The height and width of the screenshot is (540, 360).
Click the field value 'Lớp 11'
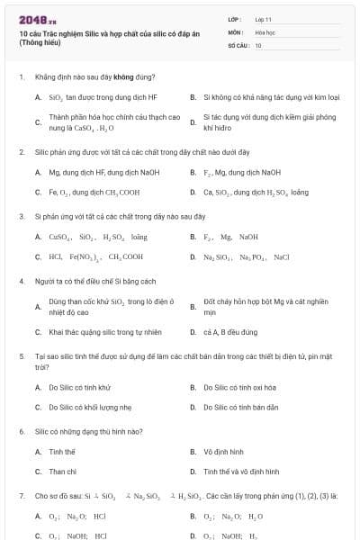[263, 18]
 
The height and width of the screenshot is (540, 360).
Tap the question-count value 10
[258, 44]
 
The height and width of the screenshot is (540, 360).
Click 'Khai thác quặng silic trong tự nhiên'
[104, 332]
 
